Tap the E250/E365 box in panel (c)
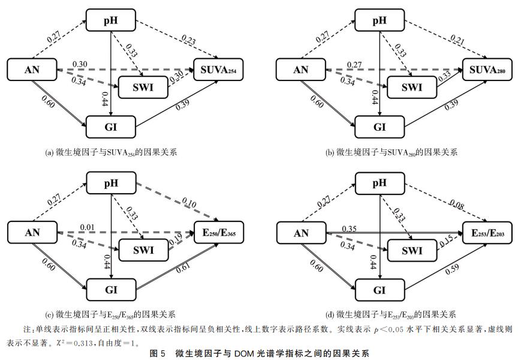(x=218, y=233)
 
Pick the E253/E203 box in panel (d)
(x=487, y=233)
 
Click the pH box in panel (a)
(x=110, y=22)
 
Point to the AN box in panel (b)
(x=300, y=70)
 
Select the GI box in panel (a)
(x=110, y=127)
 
